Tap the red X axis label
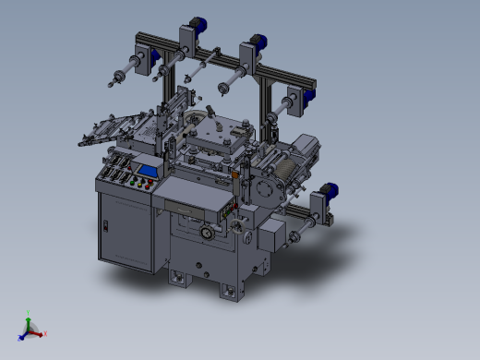(45, 333)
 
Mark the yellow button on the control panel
(141, 186)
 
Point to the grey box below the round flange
(272, 235)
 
